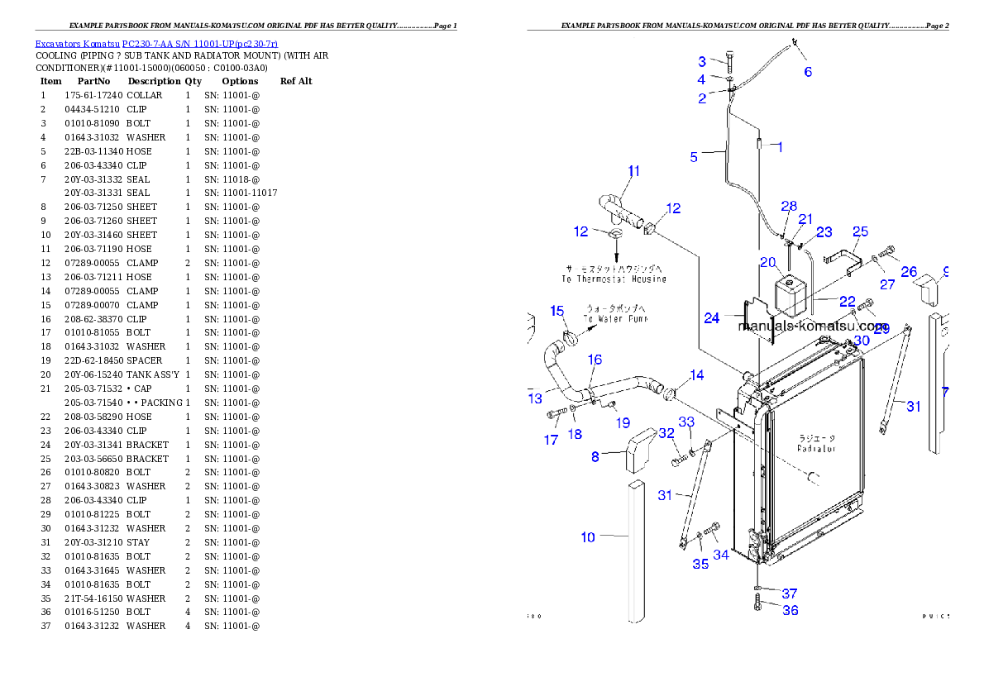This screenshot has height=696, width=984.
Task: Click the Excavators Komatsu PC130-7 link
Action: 156,43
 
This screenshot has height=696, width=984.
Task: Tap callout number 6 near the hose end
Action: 808,72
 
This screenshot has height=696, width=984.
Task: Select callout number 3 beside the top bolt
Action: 702,62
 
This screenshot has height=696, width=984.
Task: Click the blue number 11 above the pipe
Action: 633,172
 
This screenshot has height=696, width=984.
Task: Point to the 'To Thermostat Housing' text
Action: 614,279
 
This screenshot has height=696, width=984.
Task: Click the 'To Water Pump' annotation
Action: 615,318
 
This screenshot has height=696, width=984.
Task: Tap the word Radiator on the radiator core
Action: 816,449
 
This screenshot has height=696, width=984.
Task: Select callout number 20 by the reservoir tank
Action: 768,263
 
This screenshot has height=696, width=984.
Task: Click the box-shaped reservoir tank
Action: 791,293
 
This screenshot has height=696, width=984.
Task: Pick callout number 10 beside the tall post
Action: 588,537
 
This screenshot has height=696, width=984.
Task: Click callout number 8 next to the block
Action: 595,455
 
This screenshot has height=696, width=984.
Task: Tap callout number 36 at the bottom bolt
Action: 791,611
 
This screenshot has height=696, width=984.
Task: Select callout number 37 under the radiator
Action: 790,594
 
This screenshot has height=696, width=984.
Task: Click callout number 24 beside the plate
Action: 713,317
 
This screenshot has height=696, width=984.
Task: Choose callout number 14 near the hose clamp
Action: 697,376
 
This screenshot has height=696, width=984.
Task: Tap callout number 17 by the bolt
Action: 552,441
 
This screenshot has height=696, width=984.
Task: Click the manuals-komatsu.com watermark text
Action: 813,327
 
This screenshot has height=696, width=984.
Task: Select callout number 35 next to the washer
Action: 700,565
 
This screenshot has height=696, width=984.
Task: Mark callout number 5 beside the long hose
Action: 695,156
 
